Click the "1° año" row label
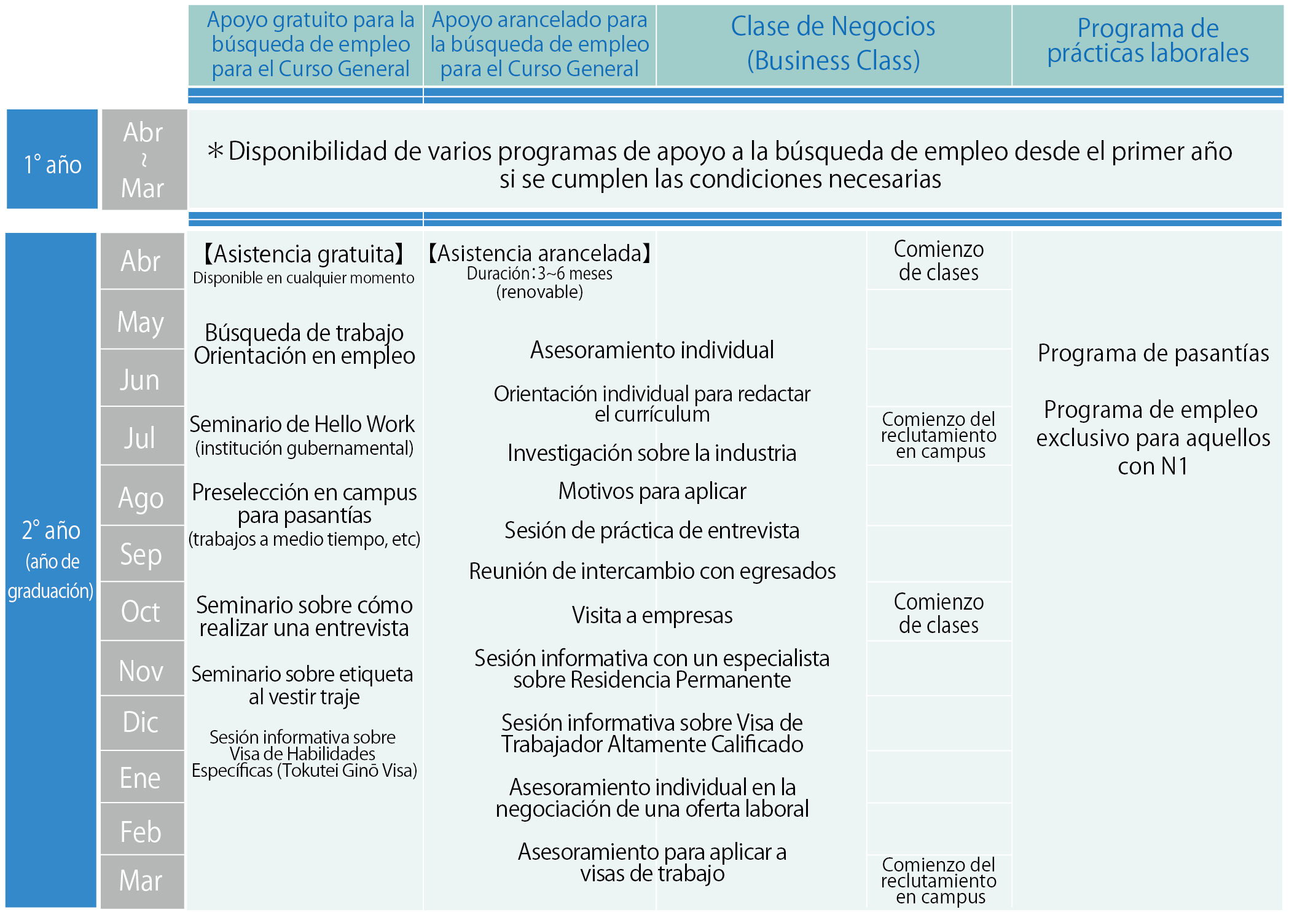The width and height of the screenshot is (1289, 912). (x=52, y=165)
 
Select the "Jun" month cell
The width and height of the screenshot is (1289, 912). (x=141, y=379)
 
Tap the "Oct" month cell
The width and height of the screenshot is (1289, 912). (x=141, y=611)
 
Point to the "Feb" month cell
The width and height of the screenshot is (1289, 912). (x=141, y=831)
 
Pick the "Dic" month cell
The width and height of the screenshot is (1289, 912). (x=141, y=722)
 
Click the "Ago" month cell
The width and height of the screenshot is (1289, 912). (x=141, y=498)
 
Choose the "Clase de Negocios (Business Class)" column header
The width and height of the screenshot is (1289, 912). (x=833, y=44)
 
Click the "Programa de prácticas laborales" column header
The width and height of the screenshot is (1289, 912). (x=1148, y=41)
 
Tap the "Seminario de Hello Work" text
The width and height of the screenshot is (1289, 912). (x=302, y=424)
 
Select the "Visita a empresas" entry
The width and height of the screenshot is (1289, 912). (x=652, y=615)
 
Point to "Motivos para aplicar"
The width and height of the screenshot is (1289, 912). (x=652, y=491)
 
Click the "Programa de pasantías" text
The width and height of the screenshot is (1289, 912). (x=1153, y=353)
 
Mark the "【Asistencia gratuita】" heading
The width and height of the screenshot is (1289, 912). (x=304, y=254)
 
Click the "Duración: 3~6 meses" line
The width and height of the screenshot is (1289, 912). (x=539, y=273)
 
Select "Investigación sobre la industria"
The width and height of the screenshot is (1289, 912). (x=652, y=453)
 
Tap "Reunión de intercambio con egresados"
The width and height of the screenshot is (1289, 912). (x=652, y=571)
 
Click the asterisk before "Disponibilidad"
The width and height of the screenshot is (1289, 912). (x=215, y=151)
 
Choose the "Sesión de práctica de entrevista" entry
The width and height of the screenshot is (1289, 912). (x=652, y=530)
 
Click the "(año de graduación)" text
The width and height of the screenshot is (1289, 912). (x=51, y=576)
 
